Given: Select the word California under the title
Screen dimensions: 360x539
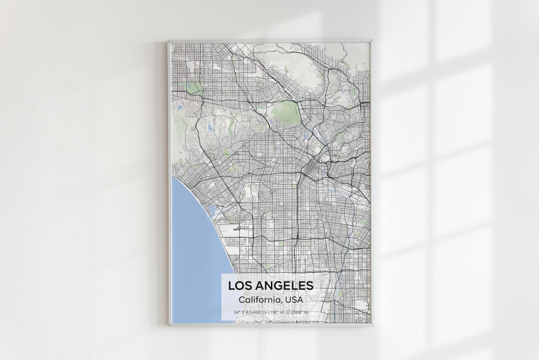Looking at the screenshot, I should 260,300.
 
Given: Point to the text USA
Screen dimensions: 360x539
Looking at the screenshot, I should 294,300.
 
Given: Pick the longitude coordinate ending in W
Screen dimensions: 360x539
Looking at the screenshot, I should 289,313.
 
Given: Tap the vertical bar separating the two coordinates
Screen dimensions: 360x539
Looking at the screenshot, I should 268,313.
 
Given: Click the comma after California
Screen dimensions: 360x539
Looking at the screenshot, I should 282,302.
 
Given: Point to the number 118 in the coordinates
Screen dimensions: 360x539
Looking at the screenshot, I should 274,313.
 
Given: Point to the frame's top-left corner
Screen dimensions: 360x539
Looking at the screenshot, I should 168,41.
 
